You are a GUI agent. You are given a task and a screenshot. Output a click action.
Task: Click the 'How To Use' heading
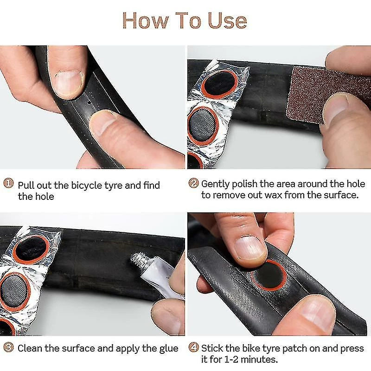185,21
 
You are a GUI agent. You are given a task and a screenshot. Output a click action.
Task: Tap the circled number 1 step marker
8,183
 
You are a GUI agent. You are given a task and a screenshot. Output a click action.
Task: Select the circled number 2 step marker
193,183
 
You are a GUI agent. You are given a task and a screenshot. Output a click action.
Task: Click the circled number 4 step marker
193,347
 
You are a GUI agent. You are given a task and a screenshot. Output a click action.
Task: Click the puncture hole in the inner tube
89,102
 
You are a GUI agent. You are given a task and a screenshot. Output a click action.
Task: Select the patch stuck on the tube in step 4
269,275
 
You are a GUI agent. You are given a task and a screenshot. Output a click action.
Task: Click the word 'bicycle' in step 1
87,185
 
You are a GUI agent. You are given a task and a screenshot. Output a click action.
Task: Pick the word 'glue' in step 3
169,349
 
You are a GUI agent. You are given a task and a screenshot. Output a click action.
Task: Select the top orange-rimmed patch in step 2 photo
219,84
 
